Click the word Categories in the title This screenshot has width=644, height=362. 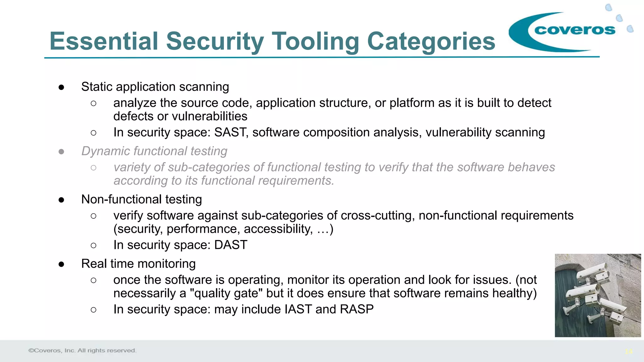(431, 41)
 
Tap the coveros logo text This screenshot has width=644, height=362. (575, 30)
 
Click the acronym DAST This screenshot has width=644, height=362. (231, 245)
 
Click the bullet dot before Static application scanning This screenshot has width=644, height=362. (61, 87)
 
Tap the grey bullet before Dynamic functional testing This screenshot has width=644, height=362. (61, 152)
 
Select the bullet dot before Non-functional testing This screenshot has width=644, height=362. (61, 200)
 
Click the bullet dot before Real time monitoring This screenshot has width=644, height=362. (61, 264)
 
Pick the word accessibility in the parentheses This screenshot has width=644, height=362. (278, 229)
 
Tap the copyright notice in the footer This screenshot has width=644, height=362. (82, 350)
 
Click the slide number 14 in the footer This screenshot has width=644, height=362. (629, 352)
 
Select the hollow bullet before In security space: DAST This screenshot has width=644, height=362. (93, 245)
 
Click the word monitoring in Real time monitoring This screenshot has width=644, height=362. (165, 264)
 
